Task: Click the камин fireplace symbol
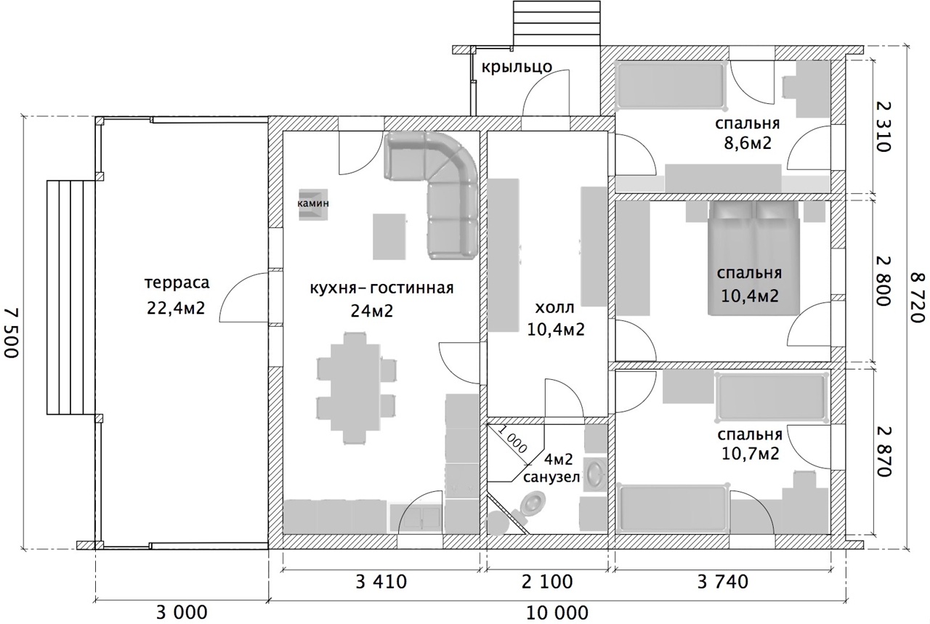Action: point(313,204)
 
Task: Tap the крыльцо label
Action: point(517,67)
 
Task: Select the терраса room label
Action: point(177,283)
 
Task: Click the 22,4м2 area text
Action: point(176,308)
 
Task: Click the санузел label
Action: point(551,478)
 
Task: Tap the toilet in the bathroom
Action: point(530,506)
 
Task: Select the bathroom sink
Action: point(596,474)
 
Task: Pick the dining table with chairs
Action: point(355,389)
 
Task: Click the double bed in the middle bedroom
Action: point(753,257)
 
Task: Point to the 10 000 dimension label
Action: point(557,613)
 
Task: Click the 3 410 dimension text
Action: point(381,582)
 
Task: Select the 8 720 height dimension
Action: point(918,297)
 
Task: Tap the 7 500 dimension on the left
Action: point(12,333)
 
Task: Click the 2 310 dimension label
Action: point(883,126)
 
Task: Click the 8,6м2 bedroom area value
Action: point(748,143)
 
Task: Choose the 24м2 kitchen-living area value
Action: point(372,310)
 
